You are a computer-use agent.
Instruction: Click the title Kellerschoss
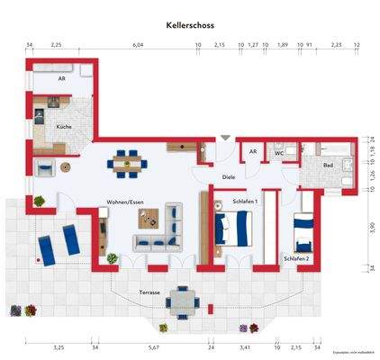click(x=190, y=27)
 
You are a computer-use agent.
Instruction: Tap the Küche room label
click(x=64, y=127)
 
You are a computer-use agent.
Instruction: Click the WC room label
click(x=280, y=154)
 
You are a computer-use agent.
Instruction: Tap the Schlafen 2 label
click(x=296, y=258)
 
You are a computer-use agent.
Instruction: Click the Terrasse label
click(x=150, y=292)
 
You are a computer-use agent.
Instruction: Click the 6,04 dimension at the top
click(x=138, y=43)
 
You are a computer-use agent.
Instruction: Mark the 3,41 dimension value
click(x=243, y=346)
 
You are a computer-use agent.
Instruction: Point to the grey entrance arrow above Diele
click(x=224, y=139)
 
